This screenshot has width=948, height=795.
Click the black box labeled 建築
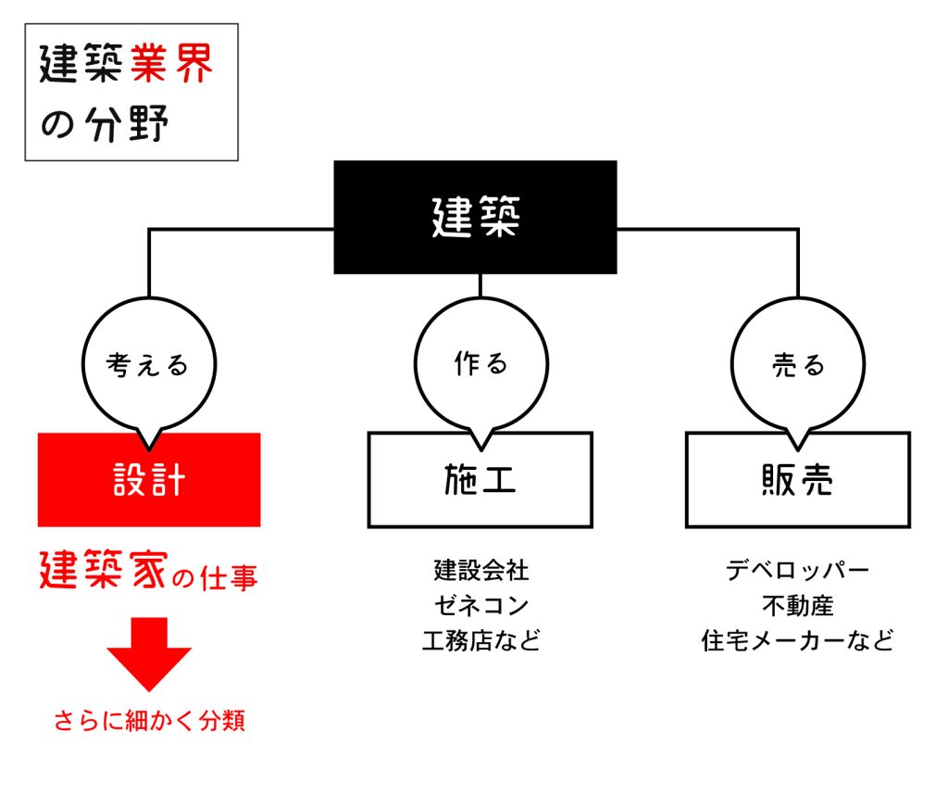(x=475, y=217)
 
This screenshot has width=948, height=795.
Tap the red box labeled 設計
(x=149, y=480)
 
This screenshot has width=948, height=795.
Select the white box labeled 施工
(x=480, y=480)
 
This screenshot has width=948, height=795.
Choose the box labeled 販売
(x=797, y=480)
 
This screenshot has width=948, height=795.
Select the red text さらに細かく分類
(x=149, y=721)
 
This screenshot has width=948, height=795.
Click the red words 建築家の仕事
(x=149, y=571)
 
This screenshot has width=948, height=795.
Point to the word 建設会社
(x=481, y=570)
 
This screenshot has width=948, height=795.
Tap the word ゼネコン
(x=481, y=605)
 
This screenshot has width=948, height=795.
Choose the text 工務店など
(x=481, y=640)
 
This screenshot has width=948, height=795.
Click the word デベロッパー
(x=797, y=570)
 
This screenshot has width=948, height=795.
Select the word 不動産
(x=797, y=605)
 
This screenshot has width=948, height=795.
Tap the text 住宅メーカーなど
(x=797, y=640)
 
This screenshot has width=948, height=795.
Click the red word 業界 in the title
(x=171, y=63)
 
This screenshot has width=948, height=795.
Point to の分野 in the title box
(x=105, y=124)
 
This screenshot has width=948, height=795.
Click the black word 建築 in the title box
(x=81, y=63)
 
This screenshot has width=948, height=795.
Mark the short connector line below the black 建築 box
(x=480, y=285)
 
